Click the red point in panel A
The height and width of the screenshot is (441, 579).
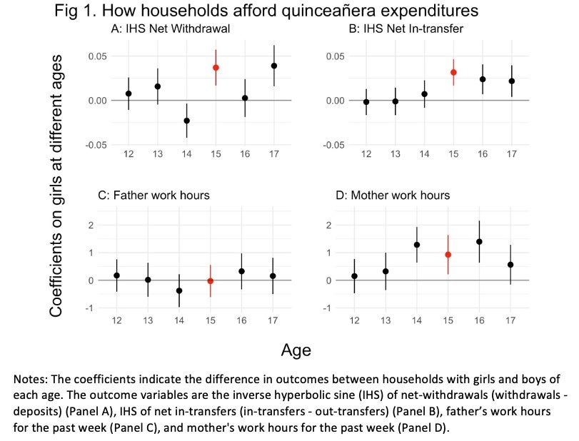click(x=216, y=68)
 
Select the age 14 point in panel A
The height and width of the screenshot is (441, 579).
click(x=187, y=121)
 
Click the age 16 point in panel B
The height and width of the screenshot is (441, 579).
click(x=483, y=79)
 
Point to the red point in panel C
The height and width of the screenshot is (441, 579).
click(x=210, y=281)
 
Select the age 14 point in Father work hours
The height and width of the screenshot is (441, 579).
click(x=178, y=290)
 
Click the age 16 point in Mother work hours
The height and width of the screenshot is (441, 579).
click(x=479, y=242)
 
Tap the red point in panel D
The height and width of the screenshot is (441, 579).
click(x=448, y=255)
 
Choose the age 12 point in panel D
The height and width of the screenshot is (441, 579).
click(x=354, y=276)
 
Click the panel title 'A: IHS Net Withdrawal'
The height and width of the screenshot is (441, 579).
click(x=164, y=29)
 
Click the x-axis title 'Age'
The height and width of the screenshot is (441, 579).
click(x=296, y=351)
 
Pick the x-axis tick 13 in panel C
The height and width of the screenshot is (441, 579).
click(x=147, y=321)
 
